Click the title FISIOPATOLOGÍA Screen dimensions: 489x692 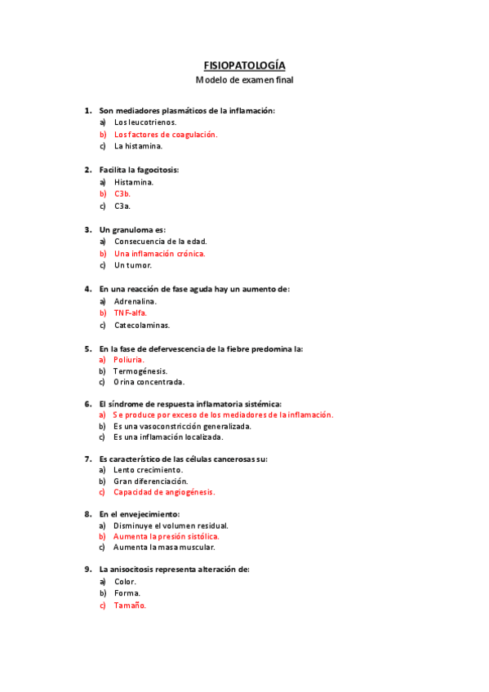tap(244, 65)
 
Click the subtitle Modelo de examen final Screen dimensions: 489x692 tap(244, 80)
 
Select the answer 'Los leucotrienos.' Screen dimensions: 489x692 tap(145, 122)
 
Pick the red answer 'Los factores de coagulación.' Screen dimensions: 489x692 tap(166, 135)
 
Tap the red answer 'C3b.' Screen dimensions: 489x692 tap(122, 194)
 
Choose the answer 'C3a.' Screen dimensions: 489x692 tap(122, 206)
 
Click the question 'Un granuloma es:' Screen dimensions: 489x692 tap(132, 229)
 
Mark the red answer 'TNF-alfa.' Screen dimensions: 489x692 tap(131, 313)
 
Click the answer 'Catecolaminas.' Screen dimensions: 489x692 tap(142, 325)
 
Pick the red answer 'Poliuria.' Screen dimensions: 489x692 tap(129, 360)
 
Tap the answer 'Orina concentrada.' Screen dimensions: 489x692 tap(149, 382)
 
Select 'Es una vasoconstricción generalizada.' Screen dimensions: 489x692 tap(182, 426)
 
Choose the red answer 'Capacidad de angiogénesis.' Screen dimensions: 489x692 tap(164, 492)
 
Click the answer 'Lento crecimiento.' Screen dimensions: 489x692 tap(148, 470)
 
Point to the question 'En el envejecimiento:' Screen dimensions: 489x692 tap(139, 514)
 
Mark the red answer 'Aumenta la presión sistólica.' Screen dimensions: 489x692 tap(167, 537)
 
